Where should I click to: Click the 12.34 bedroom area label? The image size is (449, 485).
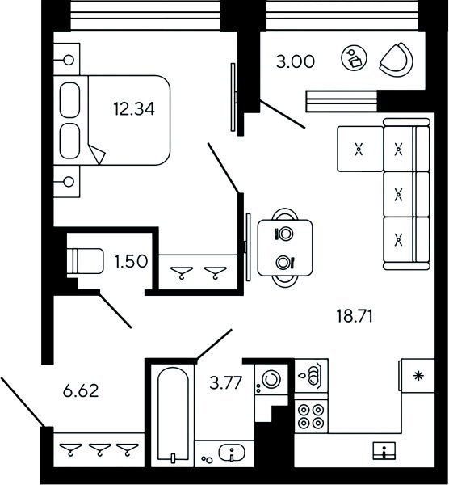[134, 109]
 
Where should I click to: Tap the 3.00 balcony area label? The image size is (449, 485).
[296, 61]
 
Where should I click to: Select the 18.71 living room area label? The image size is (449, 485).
[355, 316]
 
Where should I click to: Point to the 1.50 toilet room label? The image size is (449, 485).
[131, 261]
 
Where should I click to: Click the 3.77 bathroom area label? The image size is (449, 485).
[225, 383]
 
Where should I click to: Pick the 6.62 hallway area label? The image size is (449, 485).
[81, 390]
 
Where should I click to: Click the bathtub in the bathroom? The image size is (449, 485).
[173, 414]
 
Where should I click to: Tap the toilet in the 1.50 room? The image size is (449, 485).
[85, 261]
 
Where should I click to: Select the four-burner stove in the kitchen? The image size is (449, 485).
[311, 416]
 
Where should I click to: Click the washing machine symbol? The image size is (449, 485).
[271, 379]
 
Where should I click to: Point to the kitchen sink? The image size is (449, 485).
[384, 450]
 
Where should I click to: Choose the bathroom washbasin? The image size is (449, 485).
[232, 453]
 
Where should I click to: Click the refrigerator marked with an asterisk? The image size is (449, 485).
[418, 376]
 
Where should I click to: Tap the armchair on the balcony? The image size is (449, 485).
[397, 60]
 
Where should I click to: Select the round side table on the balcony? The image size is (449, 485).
[355, 58]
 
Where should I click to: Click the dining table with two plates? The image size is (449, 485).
[285, 247]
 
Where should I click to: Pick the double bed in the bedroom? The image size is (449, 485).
[112, 120]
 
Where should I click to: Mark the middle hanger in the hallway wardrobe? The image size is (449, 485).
[99, 449]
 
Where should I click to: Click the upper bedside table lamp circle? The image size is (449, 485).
[69, 60]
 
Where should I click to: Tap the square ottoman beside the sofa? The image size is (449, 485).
[360, 149]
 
